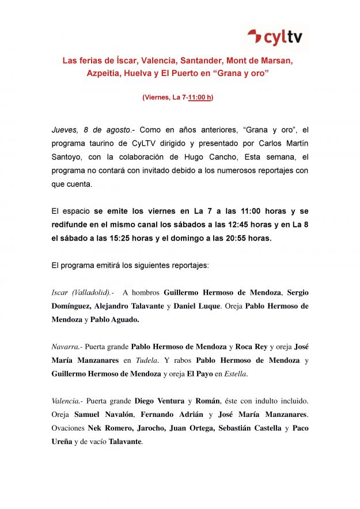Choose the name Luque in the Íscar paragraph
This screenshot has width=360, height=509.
[206, 306]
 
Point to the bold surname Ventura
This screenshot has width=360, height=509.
[169, 401]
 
